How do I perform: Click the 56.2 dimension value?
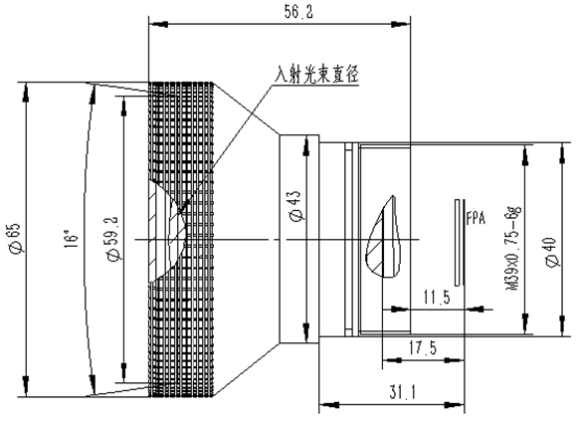298,12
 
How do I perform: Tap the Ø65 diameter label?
18,238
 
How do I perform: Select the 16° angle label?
72,239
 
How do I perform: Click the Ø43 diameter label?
297,206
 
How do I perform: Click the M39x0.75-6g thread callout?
513,248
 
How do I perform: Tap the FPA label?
476,218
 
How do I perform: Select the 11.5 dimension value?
437,297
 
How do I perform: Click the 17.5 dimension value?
423,347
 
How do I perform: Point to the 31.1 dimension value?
402,392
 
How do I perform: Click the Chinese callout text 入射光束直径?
316,75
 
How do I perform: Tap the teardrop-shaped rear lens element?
383,238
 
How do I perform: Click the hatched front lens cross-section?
165,231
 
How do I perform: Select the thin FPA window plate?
457,243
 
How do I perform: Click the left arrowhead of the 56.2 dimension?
158,24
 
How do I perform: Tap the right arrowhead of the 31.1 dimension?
455,405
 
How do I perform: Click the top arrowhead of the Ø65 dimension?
26,93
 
